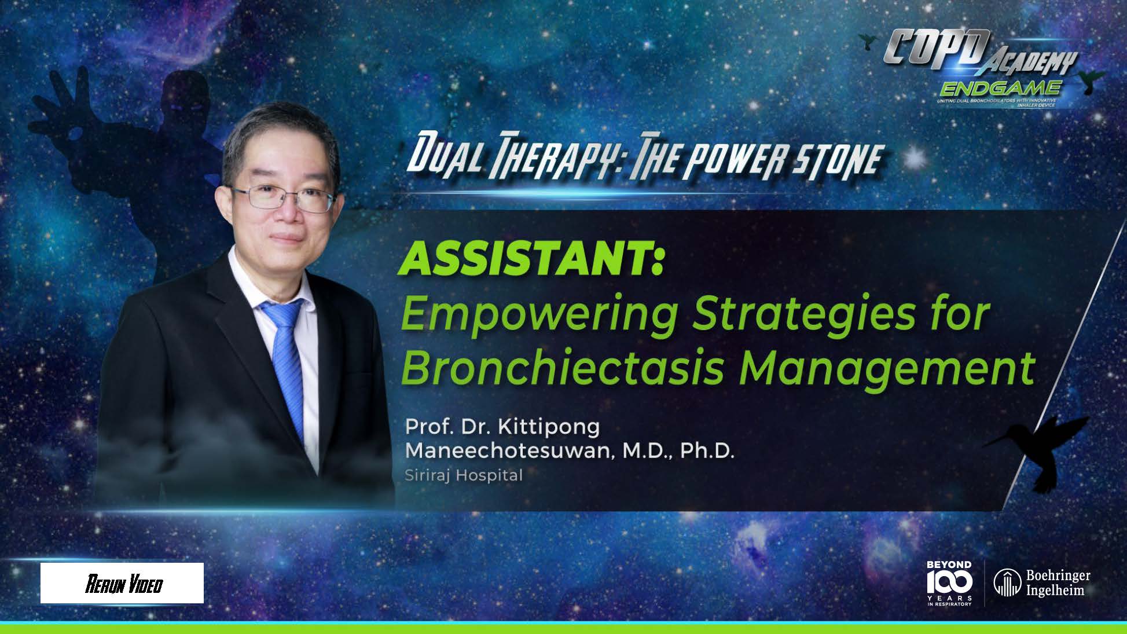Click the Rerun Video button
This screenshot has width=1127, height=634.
(122, 584)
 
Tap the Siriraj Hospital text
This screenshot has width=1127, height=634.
(463, 475)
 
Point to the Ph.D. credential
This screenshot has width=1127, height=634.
(706, 451)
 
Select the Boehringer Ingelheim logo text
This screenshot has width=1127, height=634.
(1058, 582)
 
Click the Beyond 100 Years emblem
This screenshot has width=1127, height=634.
(949, 582)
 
